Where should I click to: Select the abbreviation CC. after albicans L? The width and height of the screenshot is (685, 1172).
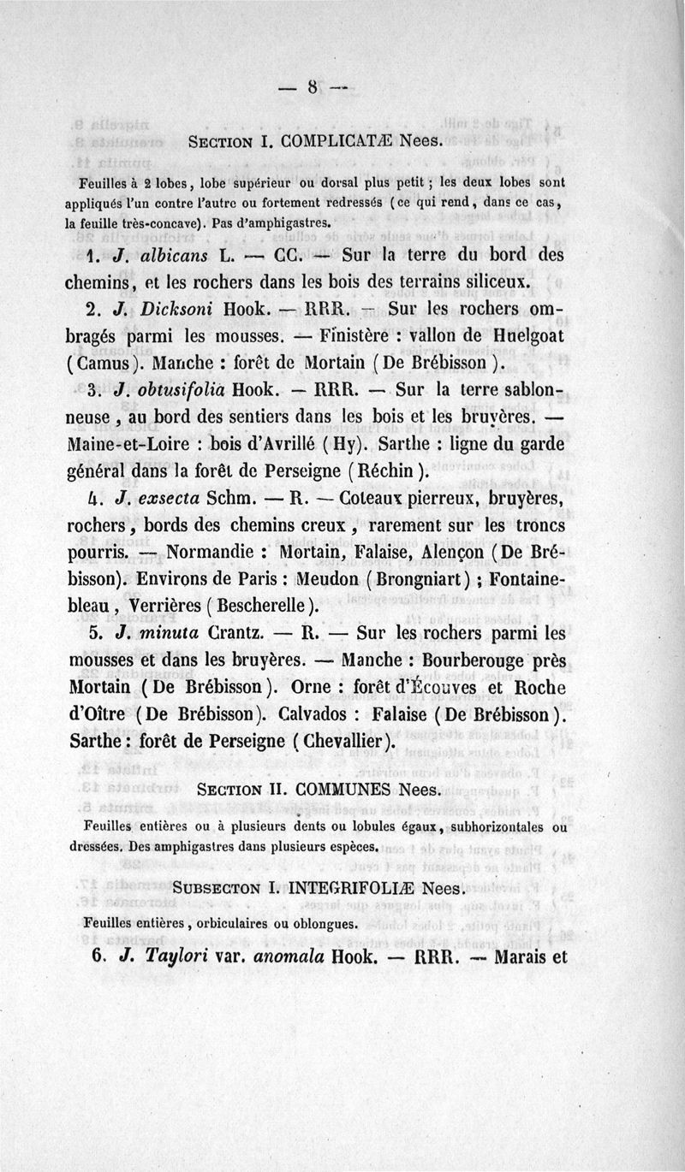286,255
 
